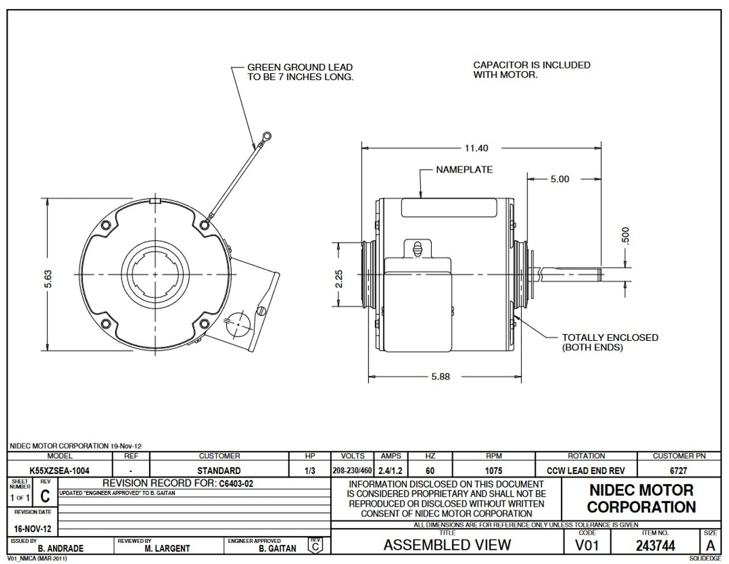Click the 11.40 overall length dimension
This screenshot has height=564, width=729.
click(x=476, y=149)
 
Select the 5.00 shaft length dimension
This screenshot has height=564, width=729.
click(x=559, y=179)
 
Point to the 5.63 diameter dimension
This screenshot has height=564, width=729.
click(x=48, y=279)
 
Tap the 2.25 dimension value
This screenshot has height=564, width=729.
click(x=338, y=279)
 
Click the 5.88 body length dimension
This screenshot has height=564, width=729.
click(x=440, y=377)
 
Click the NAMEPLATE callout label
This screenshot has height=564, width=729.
click(x=464, y=170)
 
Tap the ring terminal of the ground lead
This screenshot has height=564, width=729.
click(x=265, y=136)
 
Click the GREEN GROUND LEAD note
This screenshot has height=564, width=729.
click(x=300, y=72)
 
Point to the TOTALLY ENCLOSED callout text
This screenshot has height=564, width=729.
click(x=609, y=342)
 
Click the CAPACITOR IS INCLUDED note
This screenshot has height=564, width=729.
click(x=531, y=69)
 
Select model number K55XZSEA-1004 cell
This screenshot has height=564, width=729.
click(x=59, y=471)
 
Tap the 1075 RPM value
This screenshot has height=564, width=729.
click(x=493, y=471)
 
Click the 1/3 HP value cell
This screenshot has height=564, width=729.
click(x=310, y=471)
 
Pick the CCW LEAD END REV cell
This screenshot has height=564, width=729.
click(x=585, y=471)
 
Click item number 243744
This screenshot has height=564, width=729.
click(x=655, y=546)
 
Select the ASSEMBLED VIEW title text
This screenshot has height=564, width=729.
click(x=447, y=545)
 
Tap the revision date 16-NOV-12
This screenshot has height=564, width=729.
click(x=32, y=529)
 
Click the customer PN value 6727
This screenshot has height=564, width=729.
click(x=678, y=471)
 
